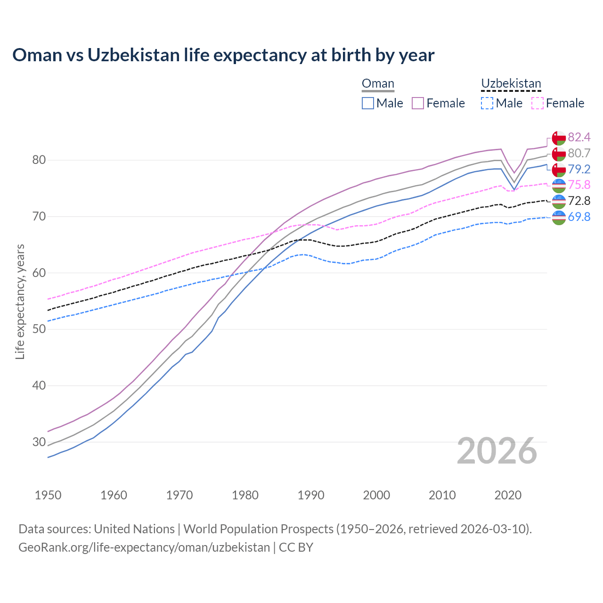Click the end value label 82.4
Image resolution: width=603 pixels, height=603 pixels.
point(579,137)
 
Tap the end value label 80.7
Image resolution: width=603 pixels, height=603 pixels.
point(579,153)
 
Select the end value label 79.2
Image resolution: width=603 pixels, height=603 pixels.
point(579,169)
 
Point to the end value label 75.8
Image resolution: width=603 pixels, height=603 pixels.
point(579,185)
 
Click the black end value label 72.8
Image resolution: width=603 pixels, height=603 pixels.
point(579,201)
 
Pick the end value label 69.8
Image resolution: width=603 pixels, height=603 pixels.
point(579,217)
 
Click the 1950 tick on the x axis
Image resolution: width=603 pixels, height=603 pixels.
point(48,495)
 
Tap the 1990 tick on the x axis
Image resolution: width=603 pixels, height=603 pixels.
point(311,495)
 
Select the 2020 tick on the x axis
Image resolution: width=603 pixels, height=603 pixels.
point(508,495)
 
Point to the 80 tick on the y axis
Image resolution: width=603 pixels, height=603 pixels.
point(39,160)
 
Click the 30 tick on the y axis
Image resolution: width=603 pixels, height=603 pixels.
point(39,442)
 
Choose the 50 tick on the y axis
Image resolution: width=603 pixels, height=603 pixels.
point(39,329)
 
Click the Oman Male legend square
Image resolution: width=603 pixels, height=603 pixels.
point(368,103)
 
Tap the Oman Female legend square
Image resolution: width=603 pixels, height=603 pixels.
point(418,103)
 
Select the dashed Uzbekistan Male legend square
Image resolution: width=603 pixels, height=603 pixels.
point(487,103)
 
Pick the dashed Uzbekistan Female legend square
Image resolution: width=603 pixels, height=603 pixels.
point(538,103)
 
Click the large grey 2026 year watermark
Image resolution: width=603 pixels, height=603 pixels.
point(497,451)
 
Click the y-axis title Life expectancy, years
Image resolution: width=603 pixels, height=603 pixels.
point(20,301)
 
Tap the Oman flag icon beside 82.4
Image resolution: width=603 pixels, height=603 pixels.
point(559,138)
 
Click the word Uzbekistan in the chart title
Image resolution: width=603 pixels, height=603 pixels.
point(133,55)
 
